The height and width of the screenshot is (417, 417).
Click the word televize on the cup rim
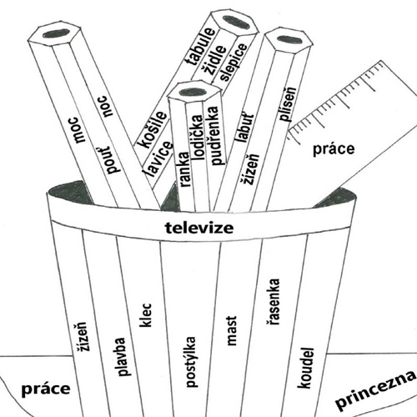199,228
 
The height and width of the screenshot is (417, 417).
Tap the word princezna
376,390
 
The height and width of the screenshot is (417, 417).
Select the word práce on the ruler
334,149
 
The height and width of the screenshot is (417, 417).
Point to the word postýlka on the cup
191,362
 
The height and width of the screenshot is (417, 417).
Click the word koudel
306,368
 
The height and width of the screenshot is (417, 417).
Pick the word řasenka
272,302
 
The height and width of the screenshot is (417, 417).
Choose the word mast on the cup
231,330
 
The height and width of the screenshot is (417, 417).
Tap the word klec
146,315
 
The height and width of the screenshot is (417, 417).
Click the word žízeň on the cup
82,337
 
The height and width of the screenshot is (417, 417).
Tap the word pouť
110,160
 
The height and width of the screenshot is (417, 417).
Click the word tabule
202,48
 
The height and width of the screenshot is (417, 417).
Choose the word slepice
233,62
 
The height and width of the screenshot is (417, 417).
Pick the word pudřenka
214,136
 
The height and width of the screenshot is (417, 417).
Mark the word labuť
244,128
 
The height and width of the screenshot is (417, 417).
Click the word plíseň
288,105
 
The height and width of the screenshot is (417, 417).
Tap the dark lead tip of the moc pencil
56,33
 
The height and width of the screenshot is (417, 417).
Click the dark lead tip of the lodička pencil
193,92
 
